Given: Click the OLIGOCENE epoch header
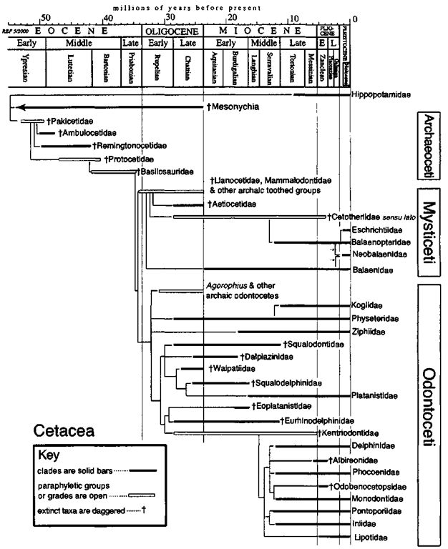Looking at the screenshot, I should pos(172,31).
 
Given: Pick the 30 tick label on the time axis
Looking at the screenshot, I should pos(169,16).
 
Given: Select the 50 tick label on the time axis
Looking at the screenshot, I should pos(44,16).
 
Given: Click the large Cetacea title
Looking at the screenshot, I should pos(65,430).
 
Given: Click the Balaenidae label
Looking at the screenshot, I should pos(371,270).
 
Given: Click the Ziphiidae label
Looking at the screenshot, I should pos(369,332).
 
